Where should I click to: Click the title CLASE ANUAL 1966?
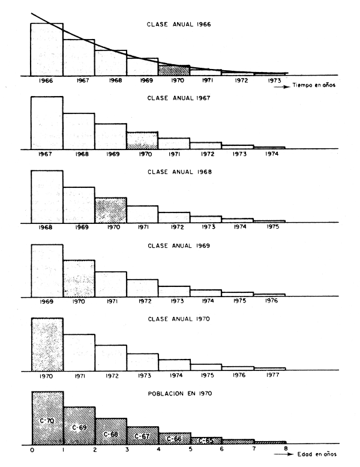click(178, 25)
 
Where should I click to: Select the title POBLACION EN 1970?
click(178, 393)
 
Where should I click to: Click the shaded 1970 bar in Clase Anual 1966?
click(174, 71)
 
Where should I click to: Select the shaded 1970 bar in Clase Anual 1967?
click(142, 140)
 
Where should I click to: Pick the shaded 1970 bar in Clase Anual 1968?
click(110, 210)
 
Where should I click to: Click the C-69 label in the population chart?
click(79, 427)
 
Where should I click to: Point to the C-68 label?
click(110, 433)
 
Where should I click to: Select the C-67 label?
click(142, 436)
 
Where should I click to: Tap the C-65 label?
click(206, 440)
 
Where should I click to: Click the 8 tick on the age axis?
click(286, 448)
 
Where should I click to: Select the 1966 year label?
click(47, 80)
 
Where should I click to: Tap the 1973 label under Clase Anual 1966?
click(269, 80)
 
